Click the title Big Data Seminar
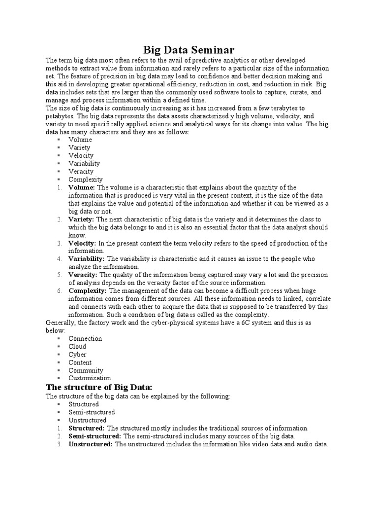pyautogui.click(x=189, y=50)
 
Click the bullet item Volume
pyautogui.click(x=80, y=140)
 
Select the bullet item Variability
pyautogui.click(x=84, y=163)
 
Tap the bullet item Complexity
pyautogui.click(x=86, y=180)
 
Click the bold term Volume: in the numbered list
pyautogui.click(x=82, y=187)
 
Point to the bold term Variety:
pyautogui.click(x=82, y=219)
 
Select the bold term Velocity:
pyautogui.click(x=83, y=243)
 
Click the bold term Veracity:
pyautogui.click(x=83, y=275)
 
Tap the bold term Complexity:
pyautogui.click(x=87, y=291)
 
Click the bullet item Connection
pyautogui.click(x=85, y=338)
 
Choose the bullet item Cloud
pyautogui.click(x=77, y=346)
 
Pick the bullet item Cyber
pyautogui.click(x=77, y=354)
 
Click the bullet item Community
pyautogui.click(x=86, y=370)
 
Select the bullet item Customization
pyautogui.click(x=90, y=378)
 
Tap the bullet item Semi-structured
pyautogui.click(x=92, y=412)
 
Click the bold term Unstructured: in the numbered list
pyautogui.click(x=91, y=444)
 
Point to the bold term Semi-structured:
pyautogui.click(x=94, y=436)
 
